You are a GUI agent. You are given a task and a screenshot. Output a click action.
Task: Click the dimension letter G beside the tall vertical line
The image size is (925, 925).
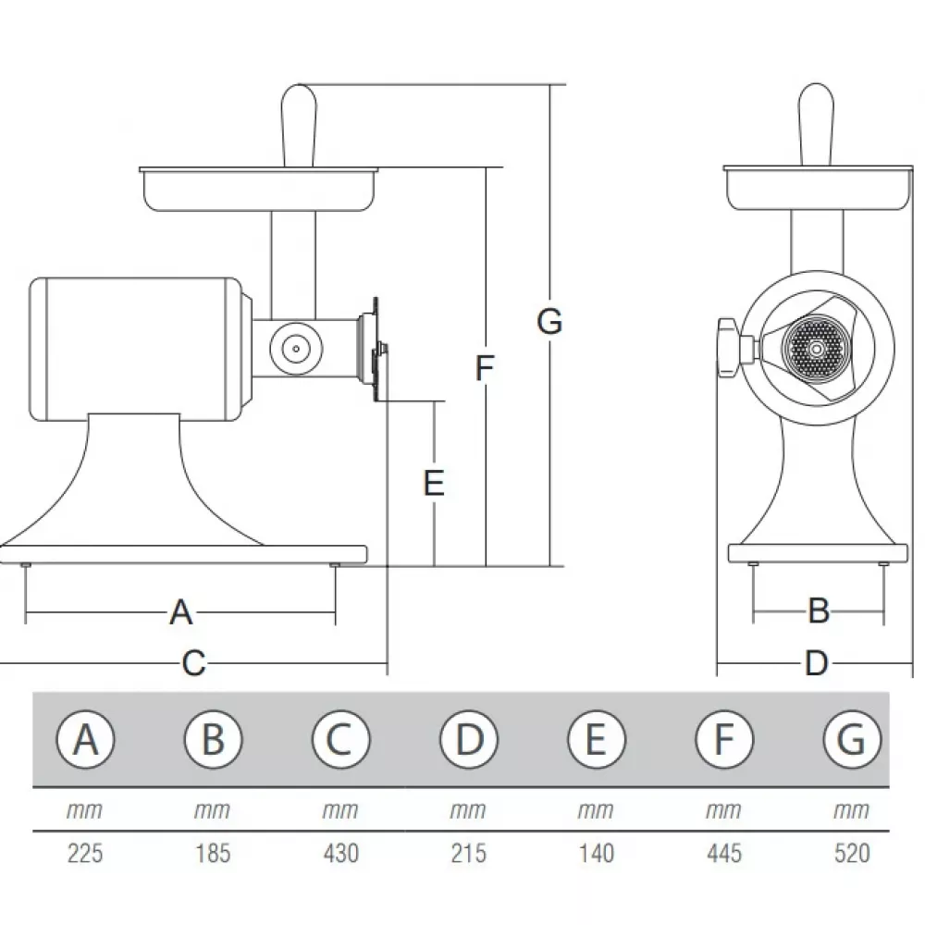[549, 322]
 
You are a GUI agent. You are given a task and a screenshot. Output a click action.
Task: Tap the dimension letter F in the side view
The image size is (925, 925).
[485, 368]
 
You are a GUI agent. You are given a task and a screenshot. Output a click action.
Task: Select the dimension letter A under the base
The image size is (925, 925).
[181, 611]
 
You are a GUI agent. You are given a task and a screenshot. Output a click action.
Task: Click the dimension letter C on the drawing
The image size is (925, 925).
[192, 663]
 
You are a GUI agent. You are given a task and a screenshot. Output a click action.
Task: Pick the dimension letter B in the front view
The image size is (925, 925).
[819, 610]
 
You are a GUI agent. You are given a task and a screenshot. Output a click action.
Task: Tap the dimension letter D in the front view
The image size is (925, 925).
[815, 662]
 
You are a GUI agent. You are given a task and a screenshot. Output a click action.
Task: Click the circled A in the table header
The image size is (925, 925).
[85, 739]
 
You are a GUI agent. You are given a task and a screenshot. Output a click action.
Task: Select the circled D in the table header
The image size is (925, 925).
[468, 739]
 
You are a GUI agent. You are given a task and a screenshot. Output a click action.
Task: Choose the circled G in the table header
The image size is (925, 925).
[851, 739]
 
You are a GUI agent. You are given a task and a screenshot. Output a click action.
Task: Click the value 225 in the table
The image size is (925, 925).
[85, 852]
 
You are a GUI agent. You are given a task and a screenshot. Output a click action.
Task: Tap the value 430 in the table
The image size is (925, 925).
[340, 852]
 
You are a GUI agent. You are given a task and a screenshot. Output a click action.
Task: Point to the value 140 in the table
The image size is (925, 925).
[596, 852]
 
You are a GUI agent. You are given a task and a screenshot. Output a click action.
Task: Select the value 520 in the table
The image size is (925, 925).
[851, 852]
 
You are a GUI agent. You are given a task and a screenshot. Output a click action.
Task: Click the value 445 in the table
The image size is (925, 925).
[723, 852]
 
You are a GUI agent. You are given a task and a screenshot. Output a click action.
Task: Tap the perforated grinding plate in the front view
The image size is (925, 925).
[814, 349]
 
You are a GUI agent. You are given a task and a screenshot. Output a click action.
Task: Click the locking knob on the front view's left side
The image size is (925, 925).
[730, 347]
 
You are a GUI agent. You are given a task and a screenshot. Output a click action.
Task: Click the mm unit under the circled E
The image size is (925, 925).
[596, 811]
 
